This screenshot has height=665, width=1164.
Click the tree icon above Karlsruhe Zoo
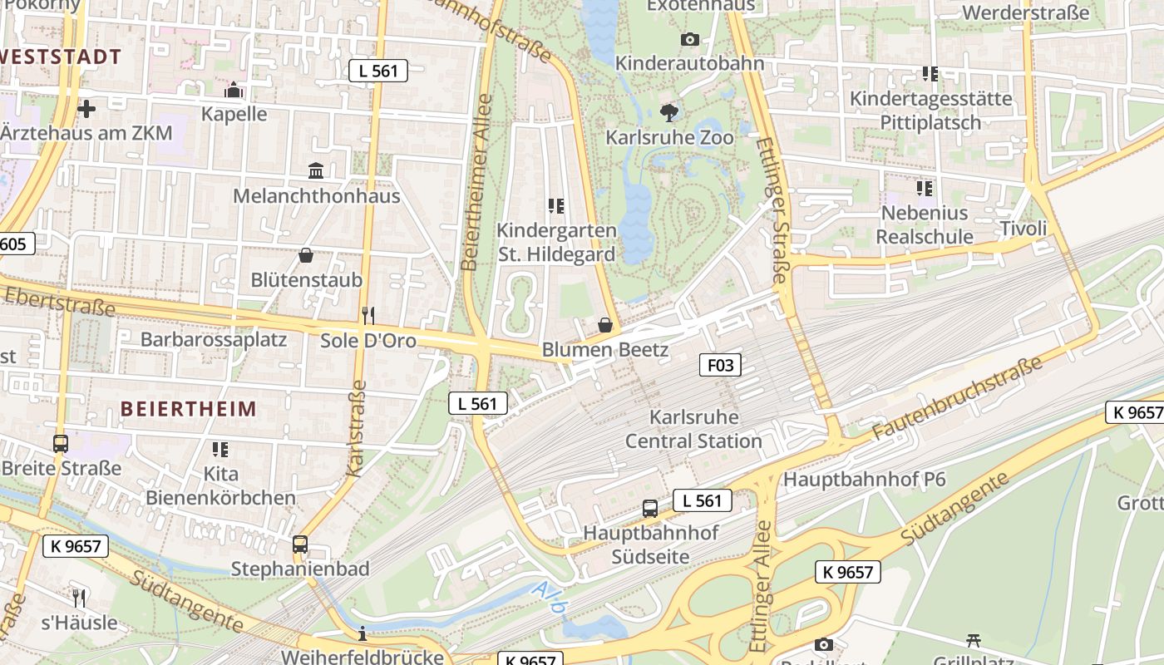pyautogui.click(x=668, y=113)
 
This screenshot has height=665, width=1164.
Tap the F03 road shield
pyautogui.click(x=719, y=364)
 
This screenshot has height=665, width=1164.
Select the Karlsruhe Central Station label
pyautogui.click(x=693, y=429)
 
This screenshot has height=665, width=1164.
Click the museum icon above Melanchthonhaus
pyautogui.click(x=316, y=171)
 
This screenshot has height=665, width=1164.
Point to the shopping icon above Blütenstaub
pyautogui.click(x=306, y=255)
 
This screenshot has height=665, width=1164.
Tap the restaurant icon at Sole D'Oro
pyautogui.click(x=368, y=316)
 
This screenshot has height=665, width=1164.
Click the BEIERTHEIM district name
pyautogui.click(x=189, y=409)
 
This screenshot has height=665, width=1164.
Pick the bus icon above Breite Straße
pyautogui.click(x=61, y=444)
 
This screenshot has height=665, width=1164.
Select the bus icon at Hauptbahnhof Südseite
pyautogui.click(x=650, y=508)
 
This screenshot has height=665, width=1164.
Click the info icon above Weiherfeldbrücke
pyautogui.click(x=362, y=634)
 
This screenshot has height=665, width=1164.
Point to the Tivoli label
pyautogui.click(x=1023, y=229)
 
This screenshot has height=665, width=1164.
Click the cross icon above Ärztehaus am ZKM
pyautogui.click(x=86, y=108)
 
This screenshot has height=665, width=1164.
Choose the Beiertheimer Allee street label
pyautogui.click(x=477, y=183)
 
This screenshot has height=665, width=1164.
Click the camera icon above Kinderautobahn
pyautogui.click(x=689, y=39)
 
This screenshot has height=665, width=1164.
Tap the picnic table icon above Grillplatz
pyautogui.click(x=974, y=640)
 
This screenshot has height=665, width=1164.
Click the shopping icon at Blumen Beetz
pyautogui.click(x=605, y=325)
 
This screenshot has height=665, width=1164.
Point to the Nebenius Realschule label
pyautogui.click(x=925, y=224)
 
